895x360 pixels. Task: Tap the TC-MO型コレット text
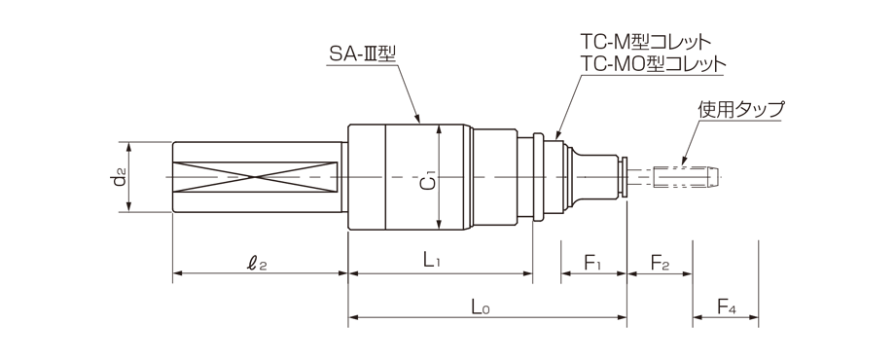[x=652, y=64]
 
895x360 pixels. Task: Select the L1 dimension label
[x=435, y=262]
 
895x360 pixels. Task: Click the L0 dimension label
[x=479, y=308]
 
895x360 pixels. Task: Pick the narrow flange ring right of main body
[x=537, y=176]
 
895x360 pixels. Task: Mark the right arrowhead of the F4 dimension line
[x=755, y=317]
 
